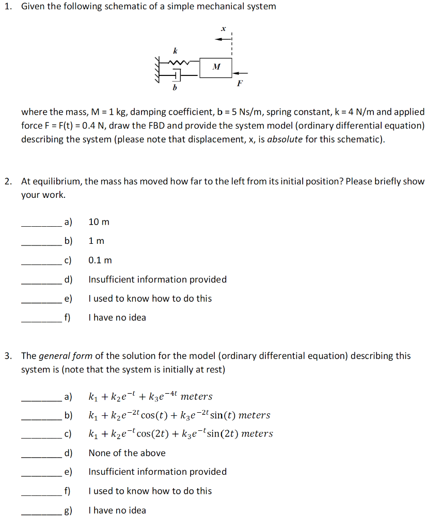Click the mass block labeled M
[216, 67]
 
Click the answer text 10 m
[99, 222]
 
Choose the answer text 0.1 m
[100, 260]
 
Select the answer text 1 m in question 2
[96, 241]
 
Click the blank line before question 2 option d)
[41, 283]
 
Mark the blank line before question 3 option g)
[41, 514]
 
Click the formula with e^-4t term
[150, 397]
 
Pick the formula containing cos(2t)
[181, 434]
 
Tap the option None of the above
[127, 453]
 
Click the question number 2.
[8, 181]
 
